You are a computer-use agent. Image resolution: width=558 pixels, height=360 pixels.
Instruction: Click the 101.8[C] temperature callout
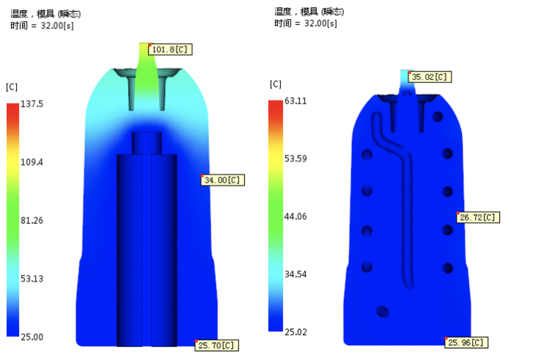tap(170, 49)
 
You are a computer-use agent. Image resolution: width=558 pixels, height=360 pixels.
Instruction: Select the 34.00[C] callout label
tap(223, 180)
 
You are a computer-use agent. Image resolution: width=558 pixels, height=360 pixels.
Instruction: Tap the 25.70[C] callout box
tap(216, 346)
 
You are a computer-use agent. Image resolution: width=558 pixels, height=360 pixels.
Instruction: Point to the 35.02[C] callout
tap(430, 77)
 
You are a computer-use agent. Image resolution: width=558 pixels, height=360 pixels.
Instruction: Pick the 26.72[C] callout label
tap(478, 218)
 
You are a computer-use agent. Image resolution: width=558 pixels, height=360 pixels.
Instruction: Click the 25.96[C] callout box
tap(466, 343)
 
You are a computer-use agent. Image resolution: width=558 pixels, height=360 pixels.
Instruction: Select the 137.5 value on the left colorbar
tap(32, 104)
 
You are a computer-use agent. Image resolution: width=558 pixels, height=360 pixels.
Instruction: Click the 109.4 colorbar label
tap(32, 162)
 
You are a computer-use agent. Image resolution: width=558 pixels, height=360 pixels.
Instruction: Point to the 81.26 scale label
tap(32, 221)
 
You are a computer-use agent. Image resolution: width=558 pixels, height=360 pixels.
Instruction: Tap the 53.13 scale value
tap(32, 278)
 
